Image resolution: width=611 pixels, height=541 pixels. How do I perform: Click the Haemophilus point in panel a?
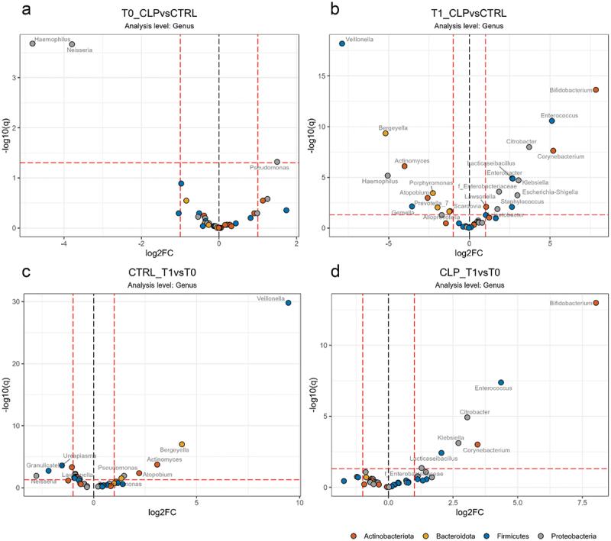tap(32, 43)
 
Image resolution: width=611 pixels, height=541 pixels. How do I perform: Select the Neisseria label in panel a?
tap(80, 51)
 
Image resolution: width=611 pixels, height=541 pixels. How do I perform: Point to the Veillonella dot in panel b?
tap(342, 43)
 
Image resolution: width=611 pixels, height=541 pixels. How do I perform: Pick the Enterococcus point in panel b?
tap(551, 121)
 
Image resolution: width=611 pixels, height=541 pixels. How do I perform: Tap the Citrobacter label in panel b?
tap(522, 141)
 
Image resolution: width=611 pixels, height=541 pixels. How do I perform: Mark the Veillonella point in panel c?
tap(288, 303)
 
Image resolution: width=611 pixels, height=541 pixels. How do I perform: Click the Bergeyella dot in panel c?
tap(182, 444)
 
